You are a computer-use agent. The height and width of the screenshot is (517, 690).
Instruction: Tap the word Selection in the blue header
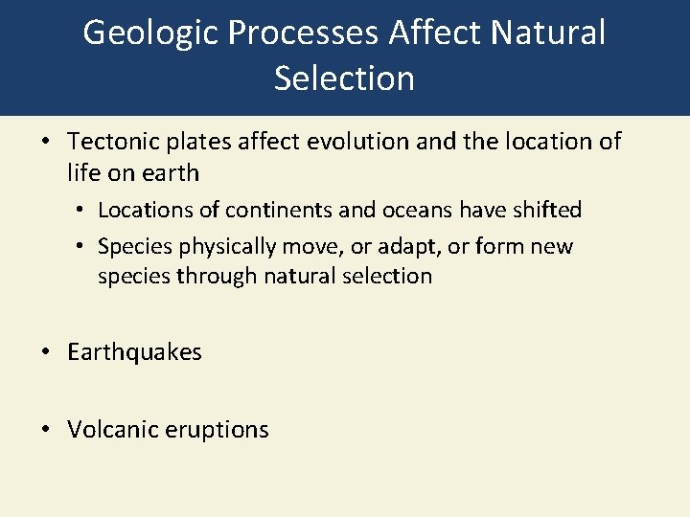tap(344, 78)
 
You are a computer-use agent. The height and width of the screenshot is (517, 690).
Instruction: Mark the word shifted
tap(546, 210)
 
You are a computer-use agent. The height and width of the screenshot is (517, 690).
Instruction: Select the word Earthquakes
tap(134, 352)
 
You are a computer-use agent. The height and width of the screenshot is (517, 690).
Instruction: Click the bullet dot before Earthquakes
tap(45, 352)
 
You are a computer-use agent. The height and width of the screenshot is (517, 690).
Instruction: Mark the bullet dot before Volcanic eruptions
tap(45, 430)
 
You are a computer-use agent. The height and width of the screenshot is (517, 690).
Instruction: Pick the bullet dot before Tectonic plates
tap(45, 142)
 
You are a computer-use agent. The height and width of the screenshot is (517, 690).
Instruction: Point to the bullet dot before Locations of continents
tap(80, 210)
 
